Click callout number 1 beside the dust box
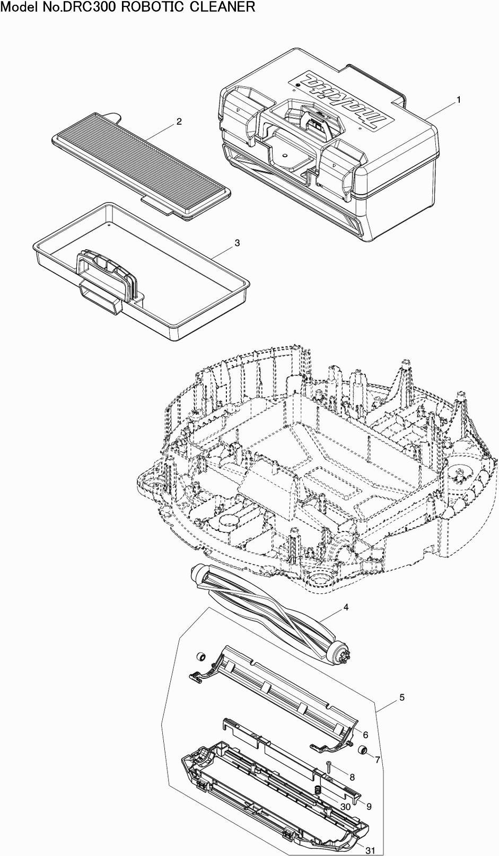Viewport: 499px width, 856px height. pyautogui.click(x=458, y=100)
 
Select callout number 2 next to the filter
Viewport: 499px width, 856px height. pyautogui.click(x=179, y=122)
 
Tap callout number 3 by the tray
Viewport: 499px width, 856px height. pyautogui.click(x=237, y=243)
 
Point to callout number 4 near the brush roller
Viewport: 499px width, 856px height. pyautogui.click(x=346, y=607)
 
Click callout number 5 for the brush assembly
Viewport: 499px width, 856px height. pyautogui.click(x=402, y=697)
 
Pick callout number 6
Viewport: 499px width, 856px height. pyautogui.click(x=365, y=735)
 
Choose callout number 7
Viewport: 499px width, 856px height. pyautogui.click(x=378, y=760)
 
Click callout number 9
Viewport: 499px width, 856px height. pyautogui.click(x=369, y=806)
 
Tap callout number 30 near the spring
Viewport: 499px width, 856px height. pyautogui.click(x=346, y=807)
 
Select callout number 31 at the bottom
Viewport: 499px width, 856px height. pyautogui.click(x=371, y=850)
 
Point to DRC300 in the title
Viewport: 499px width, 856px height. pyautogui.click(x=94, y=7)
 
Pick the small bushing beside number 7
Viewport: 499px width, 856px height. pyautogui.click(x=362, y=750)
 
